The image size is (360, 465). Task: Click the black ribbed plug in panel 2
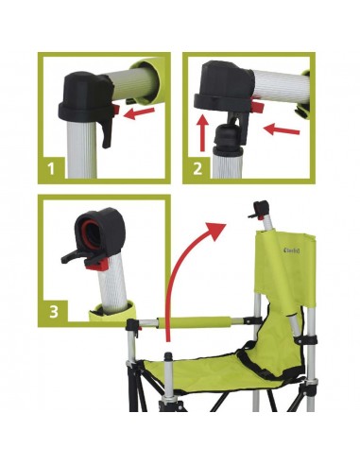click(x=231, y=144)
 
